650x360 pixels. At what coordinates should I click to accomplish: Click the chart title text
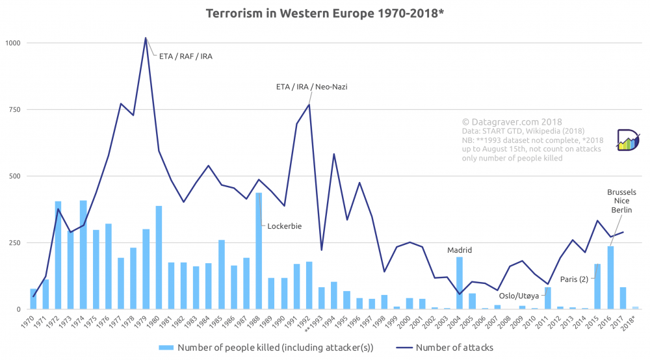[325, 14]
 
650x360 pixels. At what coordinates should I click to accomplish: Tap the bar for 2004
[460, 283]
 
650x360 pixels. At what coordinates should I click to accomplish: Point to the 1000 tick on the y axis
[13, 43]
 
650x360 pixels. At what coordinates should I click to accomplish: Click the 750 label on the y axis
[15, 110]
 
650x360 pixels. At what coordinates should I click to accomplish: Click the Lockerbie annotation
[285, 226]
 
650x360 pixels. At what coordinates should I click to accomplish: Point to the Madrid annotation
[460, 250]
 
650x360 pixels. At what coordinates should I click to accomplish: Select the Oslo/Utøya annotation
[518, 296]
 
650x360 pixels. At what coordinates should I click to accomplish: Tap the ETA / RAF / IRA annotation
[186, 57]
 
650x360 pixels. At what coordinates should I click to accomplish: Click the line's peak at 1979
[146, 38]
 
